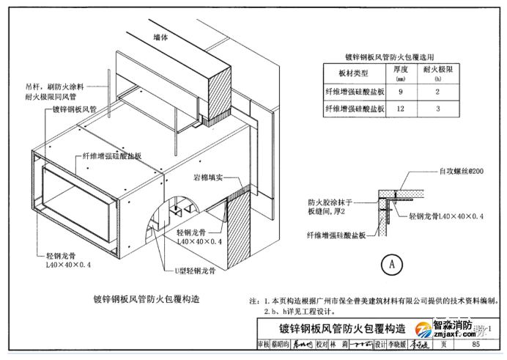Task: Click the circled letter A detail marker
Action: (392, 263)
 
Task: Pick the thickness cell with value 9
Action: (400, 92)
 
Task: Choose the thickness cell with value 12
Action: (400, 109)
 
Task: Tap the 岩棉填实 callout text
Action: (208, 177)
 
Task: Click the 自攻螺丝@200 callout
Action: (462, 171)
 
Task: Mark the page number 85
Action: (475, 344)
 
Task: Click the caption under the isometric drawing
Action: (147, 298)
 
